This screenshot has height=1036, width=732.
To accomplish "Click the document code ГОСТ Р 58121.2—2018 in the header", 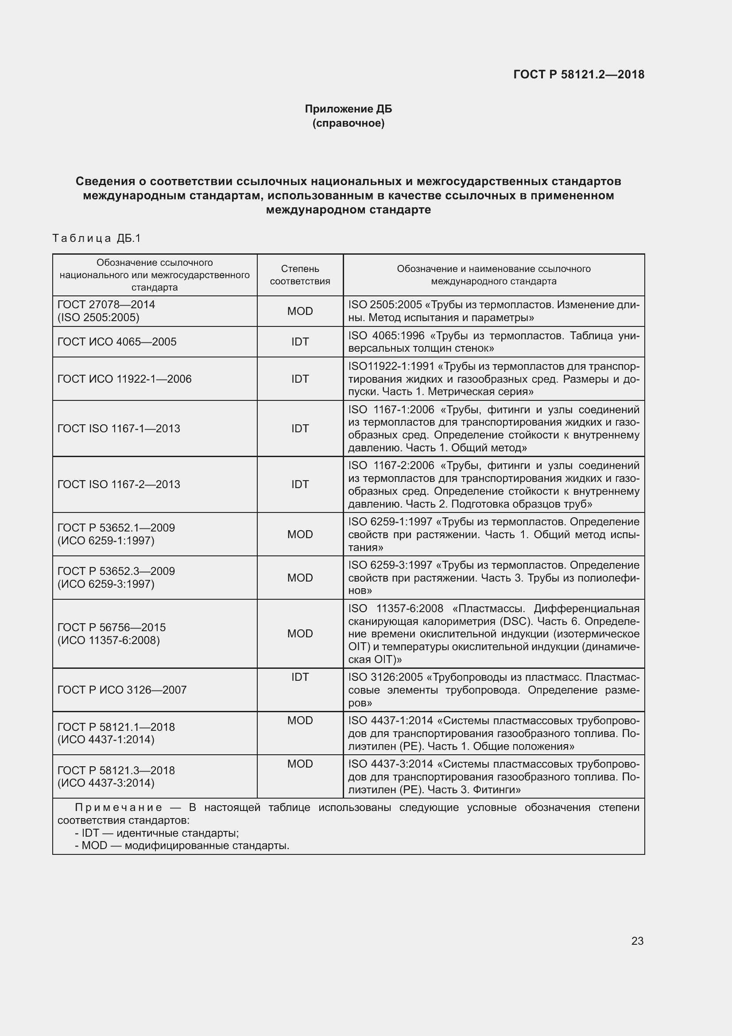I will (579, 74).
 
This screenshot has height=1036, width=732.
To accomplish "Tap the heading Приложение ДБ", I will (348, 109).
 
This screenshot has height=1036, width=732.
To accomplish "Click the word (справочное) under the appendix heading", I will (348, 123).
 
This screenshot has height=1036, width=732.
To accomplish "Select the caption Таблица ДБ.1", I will (97, 238).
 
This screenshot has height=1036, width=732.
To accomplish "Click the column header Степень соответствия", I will (300, 275).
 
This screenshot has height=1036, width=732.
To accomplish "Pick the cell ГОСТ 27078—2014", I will (106, 305).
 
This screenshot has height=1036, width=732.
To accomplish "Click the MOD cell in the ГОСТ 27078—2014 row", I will (300, 311).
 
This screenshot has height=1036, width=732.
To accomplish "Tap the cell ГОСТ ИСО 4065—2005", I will (117, 341).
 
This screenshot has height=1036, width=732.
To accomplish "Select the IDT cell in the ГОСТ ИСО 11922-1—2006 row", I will (300, 379).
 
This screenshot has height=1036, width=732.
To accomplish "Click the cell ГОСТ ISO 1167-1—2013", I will (119, 428).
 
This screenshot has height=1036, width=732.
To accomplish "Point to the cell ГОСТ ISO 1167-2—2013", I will (119, 484).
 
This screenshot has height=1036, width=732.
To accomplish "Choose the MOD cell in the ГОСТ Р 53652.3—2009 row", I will (300, 578).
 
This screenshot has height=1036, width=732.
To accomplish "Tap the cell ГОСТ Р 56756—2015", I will (112, 627).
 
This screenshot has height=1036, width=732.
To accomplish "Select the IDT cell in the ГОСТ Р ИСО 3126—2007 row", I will (300, 677).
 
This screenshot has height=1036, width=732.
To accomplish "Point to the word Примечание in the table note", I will (118, 807).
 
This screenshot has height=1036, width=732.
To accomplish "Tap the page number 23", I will (637, 941).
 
